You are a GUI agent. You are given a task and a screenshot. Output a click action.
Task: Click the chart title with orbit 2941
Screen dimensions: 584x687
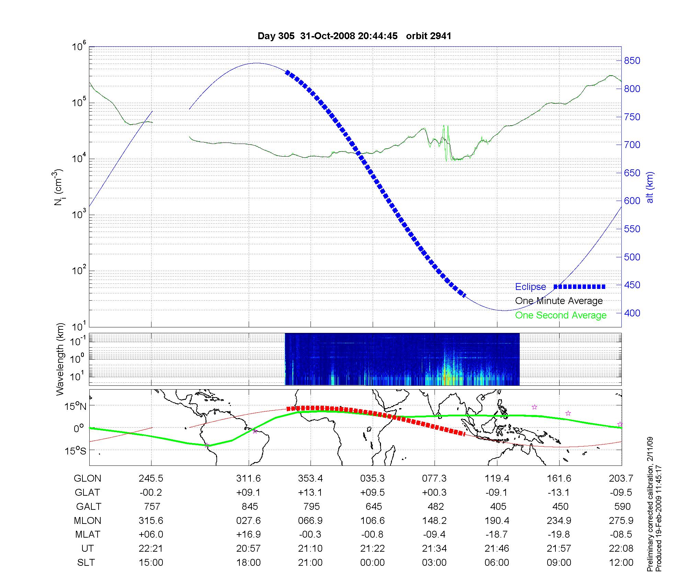(x=354, y=36)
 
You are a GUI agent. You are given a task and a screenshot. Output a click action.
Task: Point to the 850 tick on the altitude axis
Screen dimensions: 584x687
(x=632, y=61)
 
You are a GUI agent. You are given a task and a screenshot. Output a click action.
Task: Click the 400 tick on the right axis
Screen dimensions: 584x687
(x=632, y=313)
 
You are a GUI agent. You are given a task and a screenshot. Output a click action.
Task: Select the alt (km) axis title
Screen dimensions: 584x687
(x=650, y=187)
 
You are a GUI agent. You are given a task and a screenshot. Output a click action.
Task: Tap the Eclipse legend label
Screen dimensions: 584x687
(x=530, y=287)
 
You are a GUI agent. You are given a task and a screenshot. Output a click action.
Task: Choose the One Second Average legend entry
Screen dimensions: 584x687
(x=561, y=315)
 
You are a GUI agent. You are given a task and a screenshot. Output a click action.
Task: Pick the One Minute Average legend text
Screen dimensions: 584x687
(x=559, y=301)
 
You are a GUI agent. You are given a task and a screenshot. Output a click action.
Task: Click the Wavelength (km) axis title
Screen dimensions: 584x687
(x=60, y=359)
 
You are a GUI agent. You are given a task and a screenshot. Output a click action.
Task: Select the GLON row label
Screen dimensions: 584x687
(x=88, y=478)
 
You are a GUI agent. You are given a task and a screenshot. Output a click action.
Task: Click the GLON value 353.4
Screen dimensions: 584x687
(x=311, y=478)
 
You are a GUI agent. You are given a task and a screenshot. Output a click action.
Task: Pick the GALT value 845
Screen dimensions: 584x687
(x=250, y=506)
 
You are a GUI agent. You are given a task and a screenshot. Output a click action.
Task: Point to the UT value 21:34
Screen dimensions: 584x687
(x=435, y=548)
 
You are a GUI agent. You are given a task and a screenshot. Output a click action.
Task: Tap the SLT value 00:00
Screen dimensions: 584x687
(x=372, y=562)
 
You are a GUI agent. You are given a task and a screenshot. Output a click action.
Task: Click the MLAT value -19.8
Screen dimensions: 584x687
(x=559, y=534)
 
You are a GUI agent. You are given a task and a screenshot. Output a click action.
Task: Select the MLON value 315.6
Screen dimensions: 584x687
(x=151, y=520)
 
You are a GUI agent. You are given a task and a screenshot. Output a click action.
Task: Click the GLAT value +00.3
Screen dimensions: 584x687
(x=435, y=492)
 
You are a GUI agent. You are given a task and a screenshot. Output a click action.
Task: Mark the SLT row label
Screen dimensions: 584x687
(x=86, y=562)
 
